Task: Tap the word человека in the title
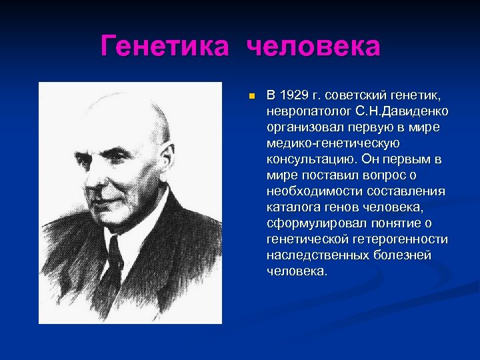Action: [x=313, y=47]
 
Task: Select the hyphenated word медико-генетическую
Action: [x=333, y=143]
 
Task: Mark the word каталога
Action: [x=291, y=207]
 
